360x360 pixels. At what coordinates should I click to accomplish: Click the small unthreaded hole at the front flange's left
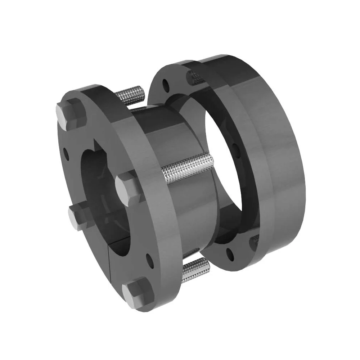point(66,152)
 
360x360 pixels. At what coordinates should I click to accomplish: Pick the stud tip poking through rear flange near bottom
point(256,241)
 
